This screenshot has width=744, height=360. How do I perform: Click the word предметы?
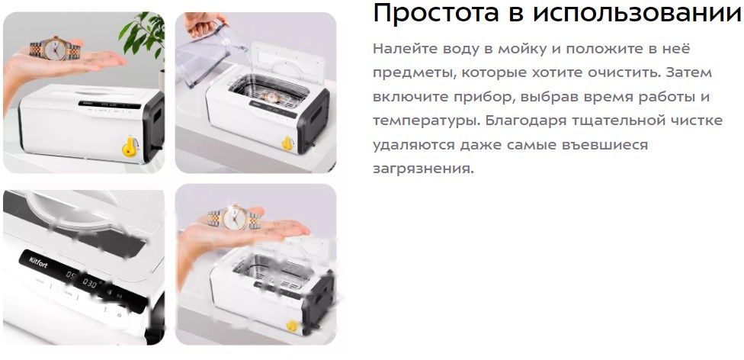411,72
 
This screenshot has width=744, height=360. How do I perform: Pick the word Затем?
693,72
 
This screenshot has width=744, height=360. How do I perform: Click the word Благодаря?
538,121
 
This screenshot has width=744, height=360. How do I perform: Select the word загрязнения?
423,169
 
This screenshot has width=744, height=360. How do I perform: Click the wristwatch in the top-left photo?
53,50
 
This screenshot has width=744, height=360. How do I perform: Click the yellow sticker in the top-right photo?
287,143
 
